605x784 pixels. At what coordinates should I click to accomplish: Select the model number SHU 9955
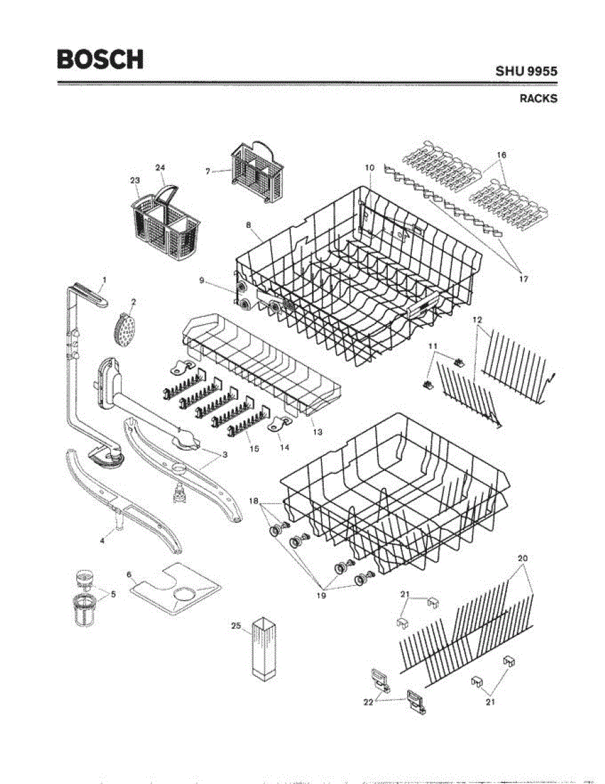pyautogui.click(x=526, y=72)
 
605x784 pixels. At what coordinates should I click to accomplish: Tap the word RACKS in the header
pyautogui.click(x=538, y=99)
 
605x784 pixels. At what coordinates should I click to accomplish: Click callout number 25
pyautogui.click(x=237, y=626)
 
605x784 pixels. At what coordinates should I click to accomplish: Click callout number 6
pyautogui.click(x=129, y=574)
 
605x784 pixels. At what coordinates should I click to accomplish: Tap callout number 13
pyautogui.click(x=317, y=433)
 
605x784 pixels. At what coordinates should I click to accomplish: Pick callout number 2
pyautogui.click(x=133, y=302)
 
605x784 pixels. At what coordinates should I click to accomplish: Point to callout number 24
pyautogui.click(x=160, y=167)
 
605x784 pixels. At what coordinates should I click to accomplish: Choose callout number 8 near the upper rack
pyautogui.click(x=249, y=225)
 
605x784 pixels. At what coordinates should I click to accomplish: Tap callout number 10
pyautogui.click(x=369, y=168)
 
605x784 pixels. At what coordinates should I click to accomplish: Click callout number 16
pyautogui.click(x=501, y=155)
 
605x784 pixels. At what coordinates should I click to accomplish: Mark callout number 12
pyautogui.click(x=477, y=319)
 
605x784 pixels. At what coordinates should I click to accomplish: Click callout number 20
pyautogui.click(x=523, y=559)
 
